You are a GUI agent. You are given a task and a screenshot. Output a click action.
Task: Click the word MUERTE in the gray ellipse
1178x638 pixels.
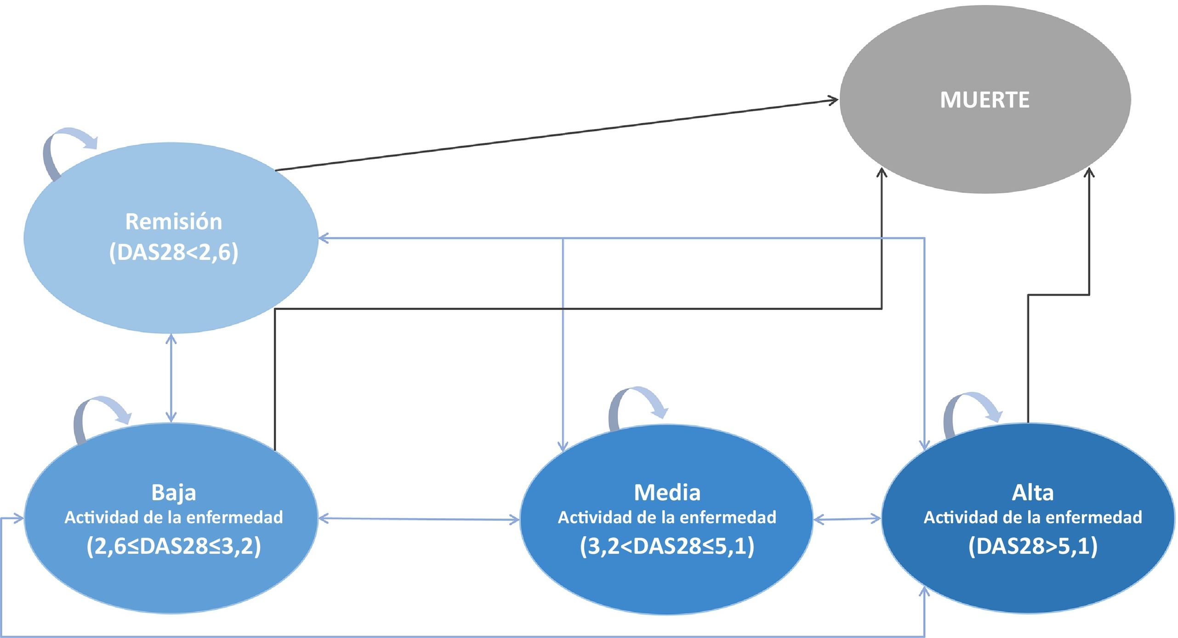(985, 100)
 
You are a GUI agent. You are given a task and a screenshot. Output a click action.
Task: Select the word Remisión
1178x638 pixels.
(174, 222)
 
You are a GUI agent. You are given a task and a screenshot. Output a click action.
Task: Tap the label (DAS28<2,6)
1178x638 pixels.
(174, 253)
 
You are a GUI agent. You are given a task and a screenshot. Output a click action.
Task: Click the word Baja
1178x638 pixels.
(174, 492)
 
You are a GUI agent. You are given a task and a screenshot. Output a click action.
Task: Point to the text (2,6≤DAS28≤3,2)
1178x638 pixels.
(174, 547)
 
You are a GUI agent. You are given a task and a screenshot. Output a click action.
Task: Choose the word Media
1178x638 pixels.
(667, 492)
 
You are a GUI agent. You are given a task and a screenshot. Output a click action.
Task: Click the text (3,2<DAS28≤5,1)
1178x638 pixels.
(667, 547)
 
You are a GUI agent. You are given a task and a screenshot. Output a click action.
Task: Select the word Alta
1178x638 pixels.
(1032, 492)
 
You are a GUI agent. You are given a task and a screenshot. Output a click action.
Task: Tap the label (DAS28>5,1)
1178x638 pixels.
(1032, 547)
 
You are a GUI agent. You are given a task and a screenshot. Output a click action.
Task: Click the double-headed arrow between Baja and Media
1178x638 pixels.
(418, 519)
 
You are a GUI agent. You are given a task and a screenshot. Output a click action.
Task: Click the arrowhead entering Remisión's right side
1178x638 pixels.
(324, 238)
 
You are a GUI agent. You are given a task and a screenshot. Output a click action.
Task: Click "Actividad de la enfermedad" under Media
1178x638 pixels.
(667, 518)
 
